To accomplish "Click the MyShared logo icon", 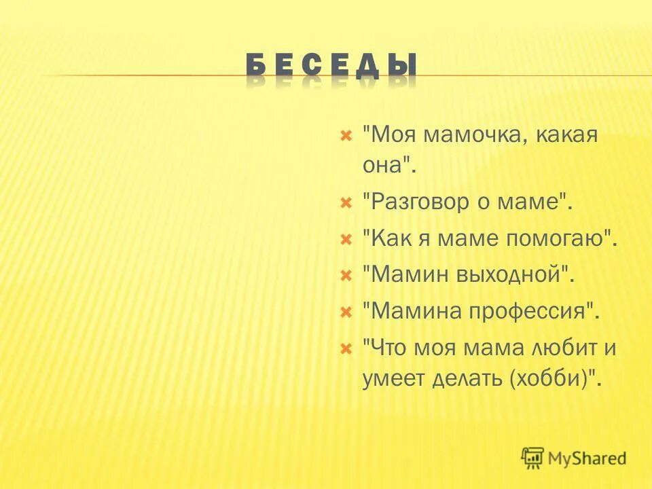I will pos(533,458).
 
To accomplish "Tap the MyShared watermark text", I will pos(588,458).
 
